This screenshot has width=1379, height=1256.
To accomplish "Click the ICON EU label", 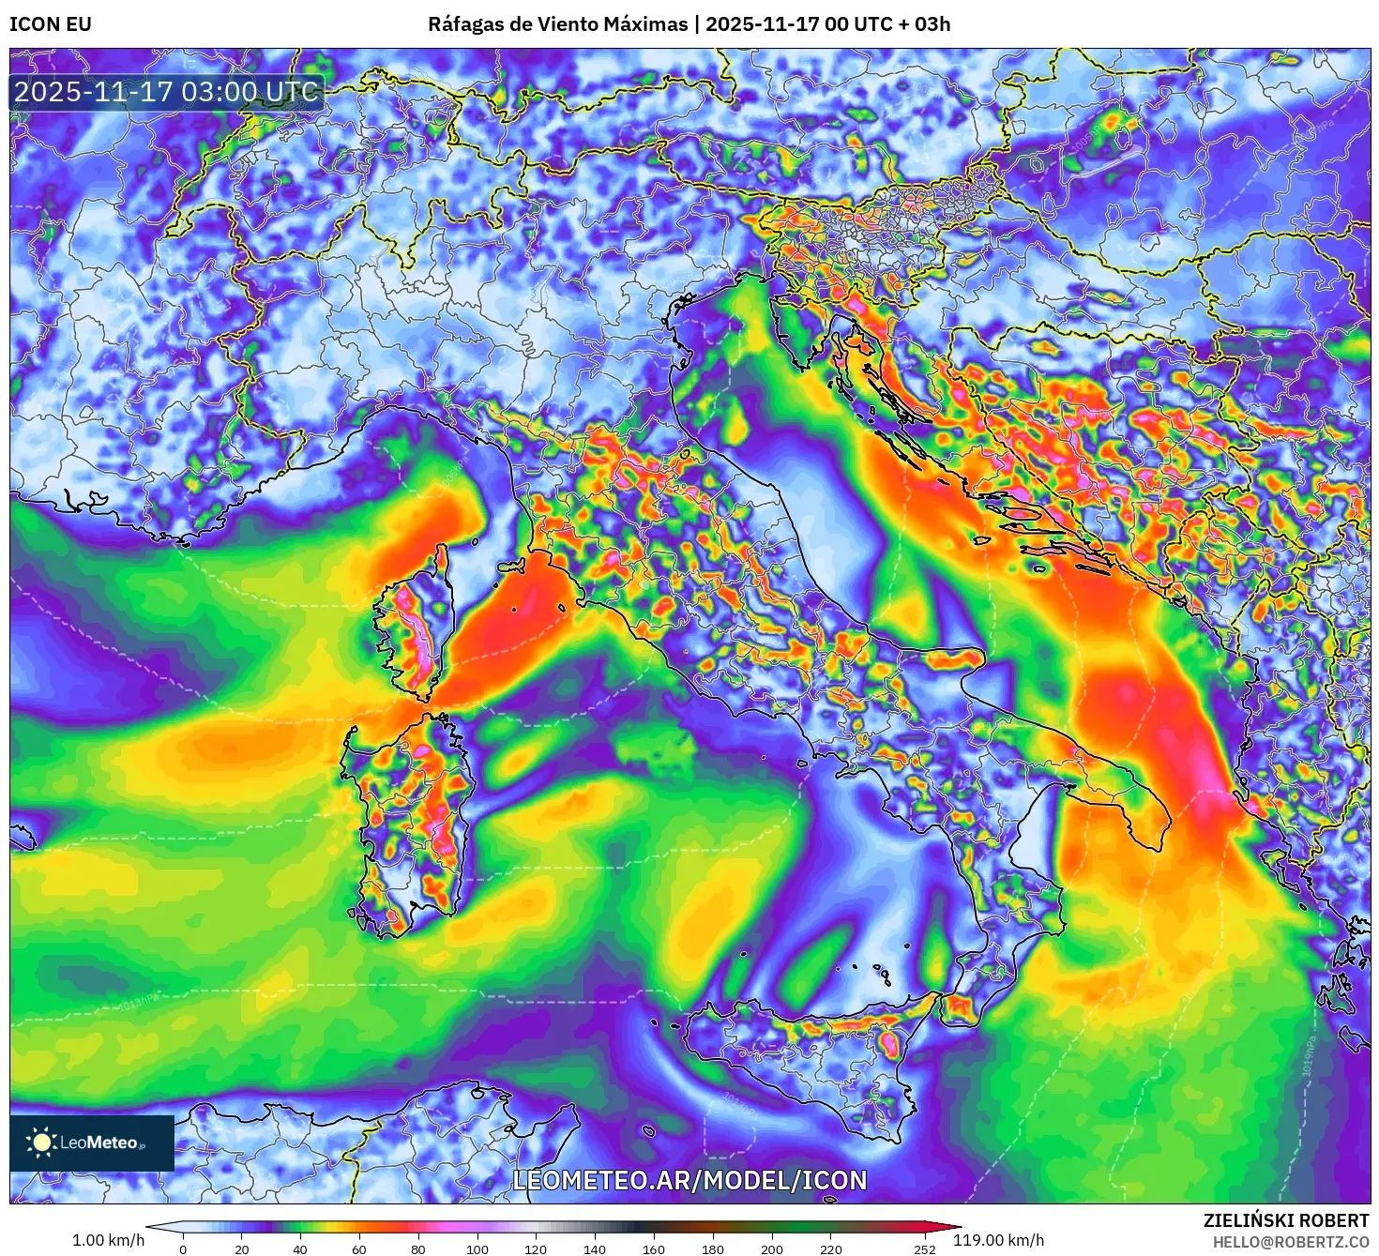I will tap(51, 24).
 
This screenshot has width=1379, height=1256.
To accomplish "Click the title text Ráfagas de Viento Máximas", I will tap(557, 24).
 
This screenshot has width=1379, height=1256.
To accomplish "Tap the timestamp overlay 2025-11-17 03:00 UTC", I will tap(166, 92).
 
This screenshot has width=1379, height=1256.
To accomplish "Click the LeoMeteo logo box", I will tap(92, 1143).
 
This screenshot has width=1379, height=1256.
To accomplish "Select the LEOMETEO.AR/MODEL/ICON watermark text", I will tap(689, 1180).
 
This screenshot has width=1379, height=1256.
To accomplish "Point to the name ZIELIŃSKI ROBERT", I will tap(1286, 1220).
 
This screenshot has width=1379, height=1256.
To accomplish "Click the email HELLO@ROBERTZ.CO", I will tap(1291, 1242).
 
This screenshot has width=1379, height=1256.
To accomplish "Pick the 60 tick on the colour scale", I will tap(359, 1248).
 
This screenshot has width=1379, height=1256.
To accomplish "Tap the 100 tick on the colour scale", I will tap(477, 1248).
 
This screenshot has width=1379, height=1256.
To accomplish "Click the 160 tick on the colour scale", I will tap(654, 1248).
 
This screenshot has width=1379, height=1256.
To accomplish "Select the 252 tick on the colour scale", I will tap(925, 1248).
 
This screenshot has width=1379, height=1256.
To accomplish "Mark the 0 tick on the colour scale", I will tap(183, 1248).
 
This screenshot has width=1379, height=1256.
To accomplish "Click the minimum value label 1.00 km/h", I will tap(109, 1240).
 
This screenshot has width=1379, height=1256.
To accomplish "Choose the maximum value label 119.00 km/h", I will tap(998, 1240).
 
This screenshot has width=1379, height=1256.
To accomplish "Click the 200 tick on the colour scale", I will tap(772, 1248).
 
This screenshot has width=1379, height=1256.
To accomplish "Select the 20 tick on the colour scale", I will tap(242, 1248).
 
